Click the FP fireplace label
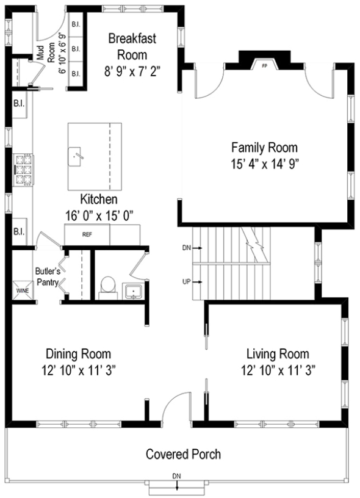[x=264, y=66]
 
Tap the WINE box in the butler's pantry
[x=23, y=290]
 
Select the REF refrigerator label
[x=87, y=235]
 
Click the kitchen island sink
[x=74, y=156]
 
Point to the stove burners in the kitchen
[x=23, y=170]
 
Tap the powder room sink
[x=134, y=291]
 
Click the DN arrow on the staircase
[x=198, y=248]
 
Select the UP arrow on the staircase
[x=198, y=282]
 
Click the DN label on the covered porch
[x=176, y=476]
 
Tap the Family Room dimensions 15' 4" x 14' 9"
[x=265, y=165]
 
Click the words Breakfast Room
[x=132, y=46]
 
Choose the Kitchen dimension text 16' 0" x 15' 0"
[x=99, y=216]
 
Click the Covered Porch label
[x=183, y=454]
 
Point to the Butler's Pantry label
[x=48, y=276]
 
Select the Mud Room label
[x=46, y=53]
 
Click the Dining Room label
[x=79, y=354]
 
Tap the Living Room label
[x=278, y=354]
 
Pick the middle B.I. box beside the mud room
[x=76, y=49]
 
